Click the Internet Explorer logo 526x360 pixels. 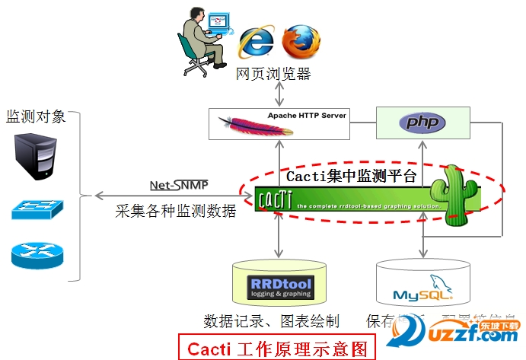[256, 40]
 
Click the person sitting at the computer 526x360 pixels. [202, 39]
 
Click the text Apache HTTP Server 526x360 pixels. [308, 116]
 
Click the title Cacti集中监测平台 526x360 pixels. [352, 177]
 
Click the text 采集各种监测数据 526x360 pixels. [176, 211]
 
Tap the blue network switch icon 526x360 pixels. [36, 209]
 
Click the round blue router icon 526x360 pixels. [34, 255]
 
